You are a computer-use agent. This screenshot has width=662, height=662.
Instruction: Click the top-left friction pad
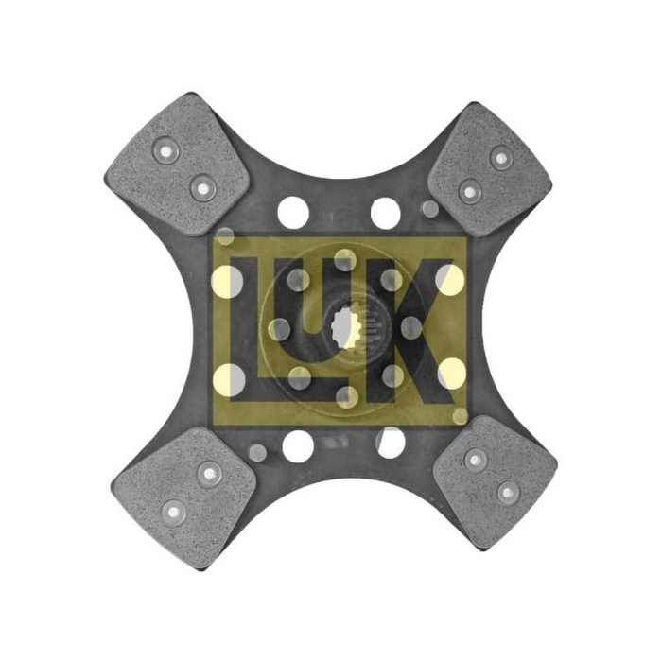tap(177, 165)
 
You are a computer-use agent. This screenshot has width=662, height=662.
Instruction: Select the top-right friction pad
tap(490, 169)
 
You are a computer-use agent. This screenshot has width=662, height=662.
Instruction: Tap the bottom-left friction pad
tap(185, 496)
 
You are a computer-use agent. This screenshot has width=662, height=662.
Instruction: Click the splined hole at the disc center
tap(347, 327)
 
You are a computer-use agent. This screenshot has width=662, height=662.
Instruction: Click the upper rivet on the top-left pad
tap(166, 150)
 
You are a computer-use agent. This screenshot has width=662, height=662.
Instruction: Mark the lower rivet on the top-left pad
tap(203, 188)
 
